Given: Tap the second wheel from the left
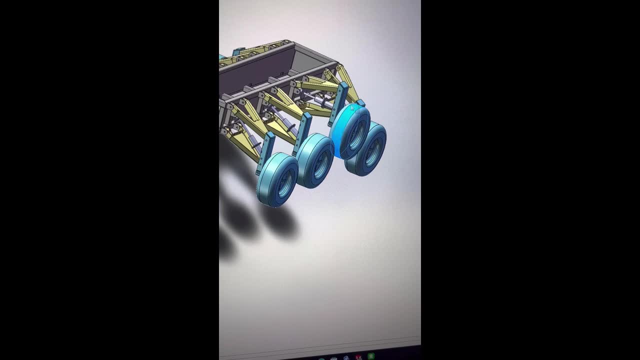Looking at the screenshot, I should tap(314, 161).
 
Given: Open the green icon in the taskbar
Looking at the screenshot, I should tap(370, 356).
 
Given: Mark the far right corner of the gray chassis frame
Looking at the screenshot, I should tap(334, 63).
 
